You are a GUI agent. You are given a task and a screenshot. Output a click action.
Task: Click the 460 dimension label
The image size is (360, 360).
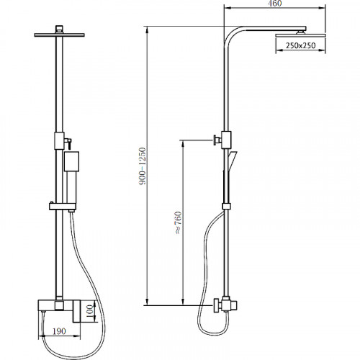(x=274, y=4)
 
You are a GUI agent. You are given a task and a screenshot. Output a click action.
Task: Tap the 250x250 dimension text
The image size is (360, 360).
(x=300, y=45)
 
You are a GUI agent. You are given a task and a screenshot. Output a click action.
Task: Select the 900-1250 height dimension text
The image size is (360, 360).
(x=143, y=166)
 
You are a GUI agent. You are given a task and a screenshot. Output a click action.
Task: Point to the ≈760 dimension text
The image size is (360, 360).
(x=179, y=222)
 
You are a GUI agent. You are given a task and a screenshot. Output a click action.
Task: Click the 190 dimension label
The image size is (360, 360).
(x=59, y=331)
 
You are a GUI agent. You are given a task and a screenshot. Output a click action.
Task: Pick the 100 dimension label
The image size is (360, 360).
(x=89, y=311)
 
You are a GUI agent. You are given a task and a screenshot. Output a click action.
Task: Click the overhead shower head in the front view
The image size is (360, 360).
(x=59, y=35)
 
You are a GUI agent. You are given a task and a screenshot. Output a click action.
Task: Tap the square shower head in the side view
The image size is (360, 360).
(x=301, y=35)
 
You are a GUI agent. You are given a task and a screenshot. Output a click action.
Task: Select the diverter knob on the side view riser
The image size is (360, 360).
(x=217, y=140)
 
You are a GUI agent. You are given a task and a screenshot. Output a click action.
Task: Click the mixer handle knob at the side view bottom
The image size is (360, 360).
(x=217, y=305)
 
